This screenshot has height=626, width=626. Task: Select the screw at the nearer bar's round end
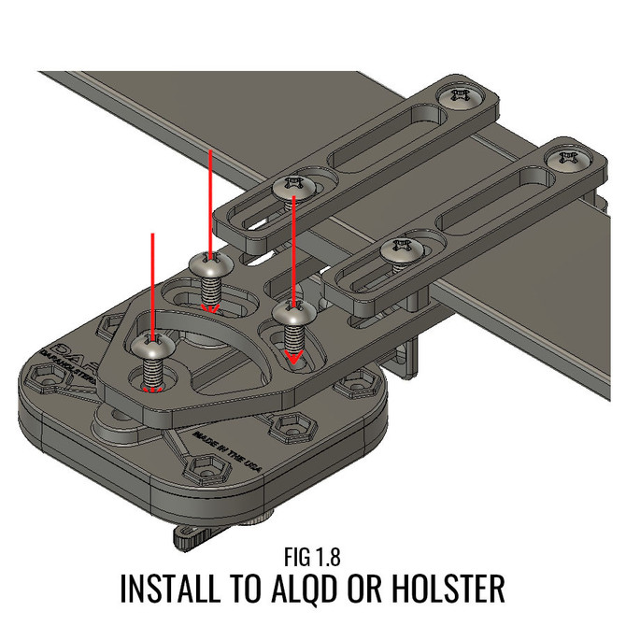569,158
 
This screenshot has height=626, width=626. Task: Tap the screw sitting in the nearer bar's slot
403,251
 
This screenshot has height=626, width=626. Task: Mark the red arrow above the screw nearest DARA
150,280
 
